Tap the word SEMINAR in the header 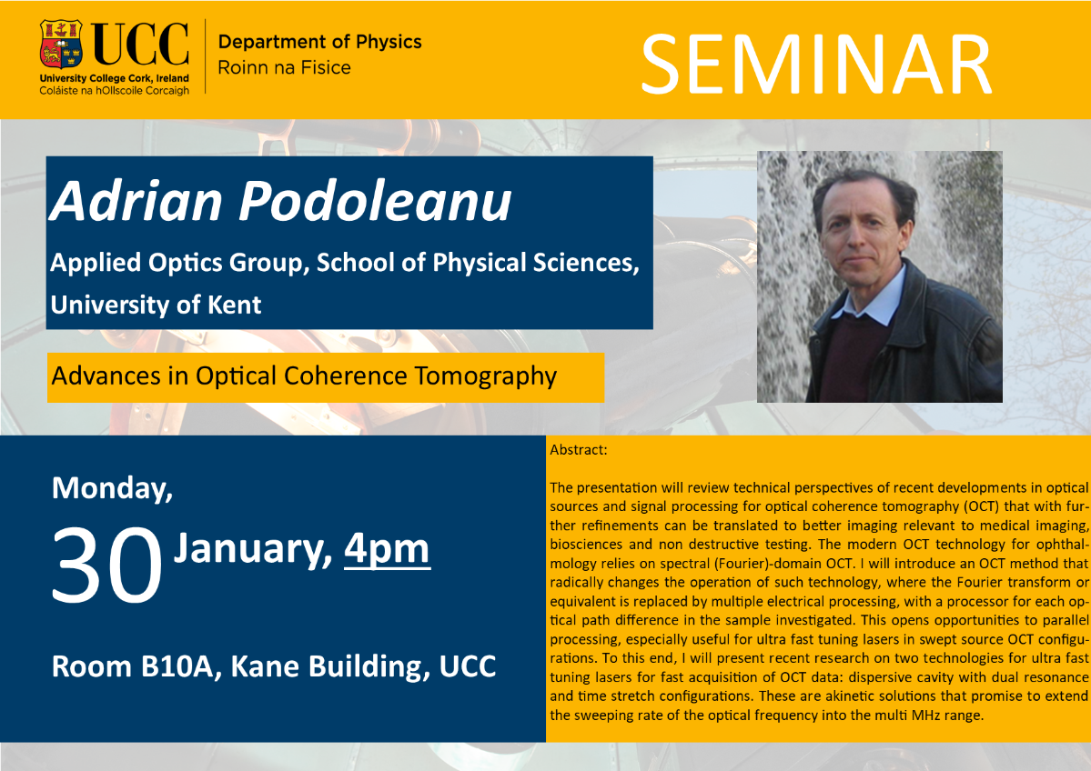pos(816,65)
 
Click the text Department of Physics pos(320,42)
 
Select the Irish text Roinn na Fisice pos(285,67)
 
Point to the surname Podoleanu pos(376,202)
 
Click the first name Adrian pos(136,202)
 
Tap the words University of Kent pos(156,305)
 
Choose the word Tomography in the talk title pos(486,376)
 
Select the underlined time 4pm pos(388,550)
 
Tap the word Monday pos(112,489)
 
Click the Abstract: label pos(578,450)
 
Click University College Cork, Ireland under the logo pos(114,78)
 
